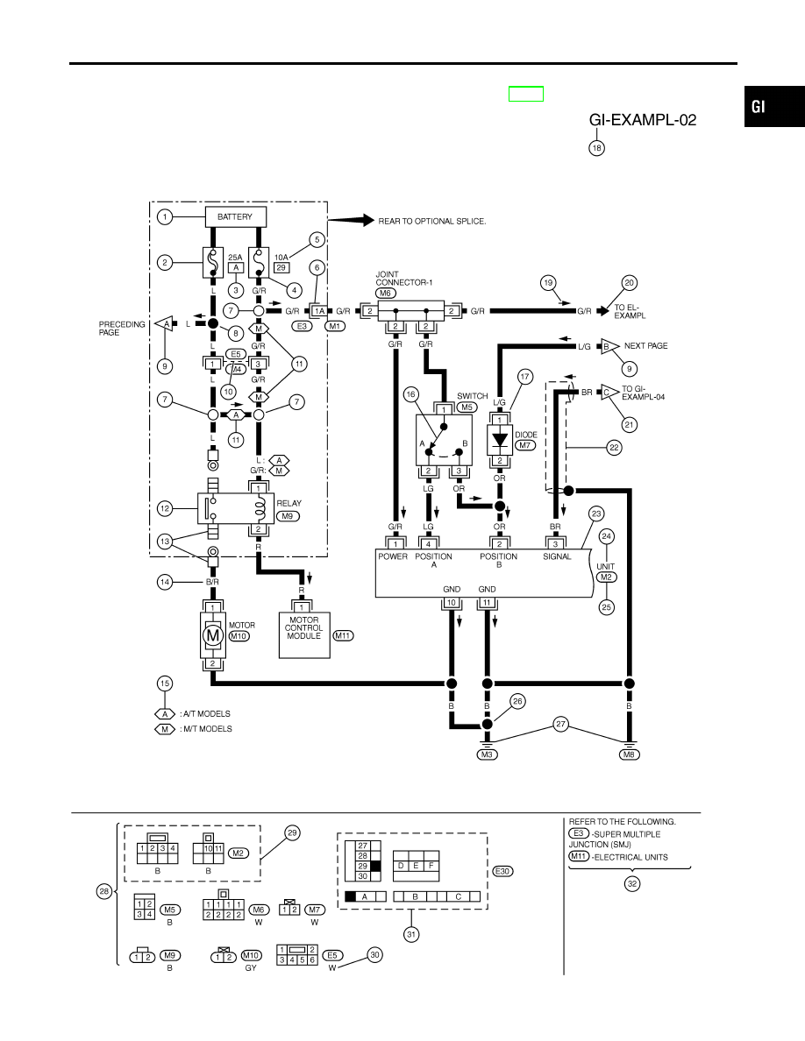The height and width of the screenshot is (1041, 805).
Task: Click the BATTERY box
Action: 234,217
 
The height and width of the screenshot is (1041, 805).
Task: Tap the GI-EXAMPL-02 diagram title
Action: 642,120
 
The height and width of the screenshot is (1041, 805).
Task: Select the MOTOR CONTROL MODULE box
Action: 304,635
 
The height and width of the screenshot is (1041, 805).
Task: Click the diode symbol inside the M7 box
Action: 500,440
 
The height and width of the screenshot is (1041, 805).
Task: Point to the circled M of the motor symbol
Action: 212,635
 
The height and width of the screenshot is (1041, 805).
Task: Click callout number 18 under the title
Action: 596,148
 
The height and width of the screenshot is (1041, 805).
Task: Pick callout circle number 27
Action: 561,725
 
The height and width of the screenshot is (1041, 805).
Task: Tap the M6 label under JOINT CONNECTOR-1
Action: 385,294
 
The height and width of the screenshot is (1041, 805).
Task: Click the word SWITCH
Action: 473,396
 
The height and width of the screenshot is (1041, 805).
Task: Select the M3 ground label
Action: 487,754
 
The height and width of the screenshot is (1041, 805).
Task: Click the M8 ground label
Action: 629,754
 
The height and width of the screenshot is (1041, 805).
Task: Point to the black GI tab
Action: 774,106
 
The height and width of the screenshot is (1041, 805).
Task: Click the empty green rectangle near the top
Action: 526,95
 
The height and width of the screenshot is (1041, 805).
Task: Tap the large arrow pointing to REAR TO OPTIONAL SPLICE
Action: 351,221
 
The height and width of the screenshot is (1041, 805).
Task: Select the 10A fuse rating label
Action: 281,258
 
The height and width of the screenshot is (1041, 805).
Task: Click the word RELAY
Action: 289,503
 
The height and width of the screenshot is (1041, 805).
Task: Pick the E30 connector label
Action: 502,872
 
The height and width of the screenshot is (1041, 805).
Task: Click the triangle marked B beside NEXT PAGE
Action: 608,346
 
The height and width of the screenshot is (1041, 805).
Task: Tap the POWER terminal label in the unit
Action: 393,557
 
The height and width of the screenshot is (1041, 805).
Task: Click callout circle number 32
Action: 632,884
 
